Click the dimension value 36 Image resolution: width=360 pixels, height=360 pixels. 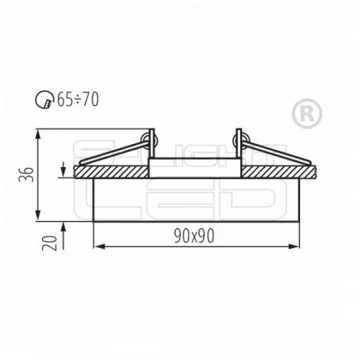pyautogui.click(x=25, y=175)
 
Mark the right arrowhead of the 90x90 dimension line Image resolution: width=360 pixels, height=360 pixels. pyautogui.click(x=295, y=247)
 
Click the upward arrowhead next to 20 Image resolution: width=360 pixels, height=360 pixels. pyautogui.click(x=63, y=225)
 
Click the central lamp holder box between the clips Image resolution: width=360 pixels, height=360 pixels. pyautogui.click(x=195, y=167)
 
